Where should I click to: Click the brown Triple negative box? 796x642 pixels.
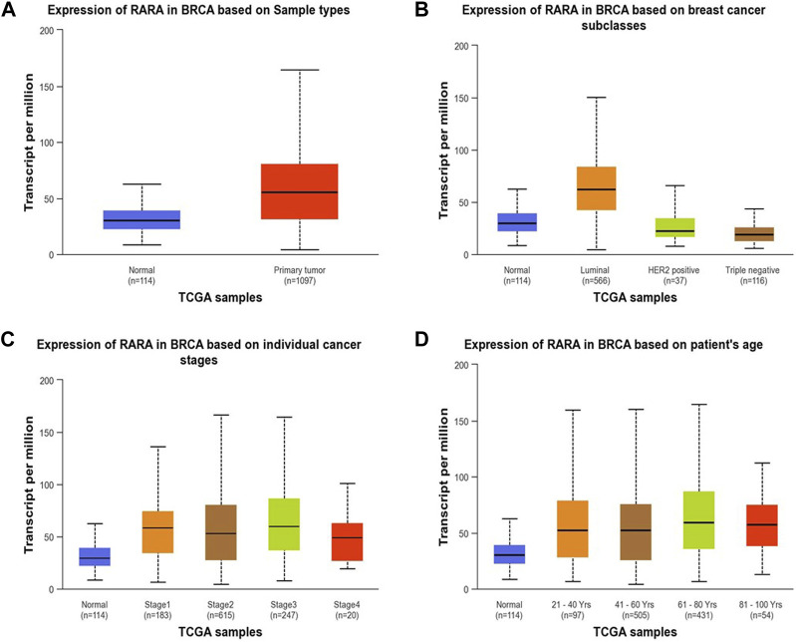pyautogui.click(x=697, y=234)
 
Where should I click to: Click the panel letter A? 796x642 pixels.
pyautogui.click(x=12, y=11)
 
